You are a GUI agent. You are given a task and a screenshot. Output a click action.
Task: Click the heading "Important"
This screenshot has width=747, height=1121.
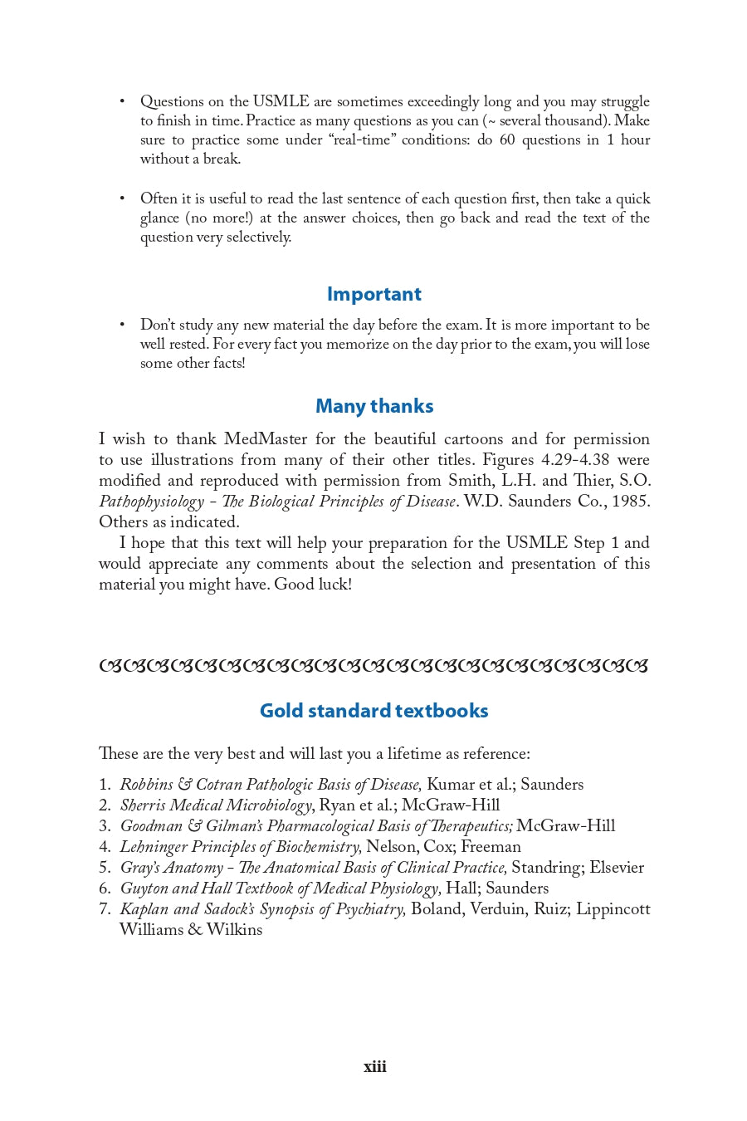coord(373,294)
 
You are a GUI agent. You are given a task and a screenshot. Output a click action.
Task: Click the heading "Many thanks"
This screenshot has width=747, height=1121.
coord(373,406)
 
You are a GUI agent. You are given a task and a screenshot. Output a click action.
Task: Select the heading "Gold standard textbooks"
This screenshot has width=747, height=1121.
coord(373,711)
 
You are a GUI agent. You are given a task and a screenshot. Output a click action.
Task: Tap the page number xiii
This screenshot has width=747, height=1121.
coord(374,1067)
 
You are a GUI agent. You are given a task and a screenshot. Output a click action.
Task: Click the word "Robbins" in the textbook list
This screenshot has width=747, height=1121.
coord(146,785)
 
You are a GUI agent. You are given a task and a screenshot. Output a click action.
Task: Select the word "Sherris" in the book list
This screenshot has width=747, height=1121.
coord(142,805)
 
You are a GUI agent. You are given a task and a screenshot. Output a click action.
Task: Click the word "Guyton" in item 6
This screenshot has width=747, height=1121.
coord(144,888)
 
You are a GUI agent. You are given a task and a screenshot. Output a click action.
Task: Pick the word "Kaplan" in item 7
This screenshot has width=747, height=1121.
coord(144,909)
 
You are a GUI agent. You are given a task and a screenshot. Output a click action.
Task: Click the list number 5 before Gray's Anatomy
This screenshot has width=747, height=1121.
coord(105,868)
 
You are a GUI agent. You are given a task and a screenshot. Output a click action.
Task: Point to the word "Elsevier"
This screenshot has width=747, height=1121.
coord(616,868)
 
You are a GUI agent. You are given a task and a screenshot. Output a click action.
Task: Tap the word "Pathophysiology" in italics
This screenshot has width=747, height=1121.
coord(151,502)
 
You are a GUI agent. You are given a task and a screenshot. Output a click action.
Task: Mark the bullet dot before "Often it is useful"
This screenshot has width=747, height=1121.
coord(122,198)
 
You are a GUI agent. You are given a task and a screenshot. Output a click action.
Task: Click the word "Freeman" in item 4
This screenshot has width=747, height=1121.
coord(491,847)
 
